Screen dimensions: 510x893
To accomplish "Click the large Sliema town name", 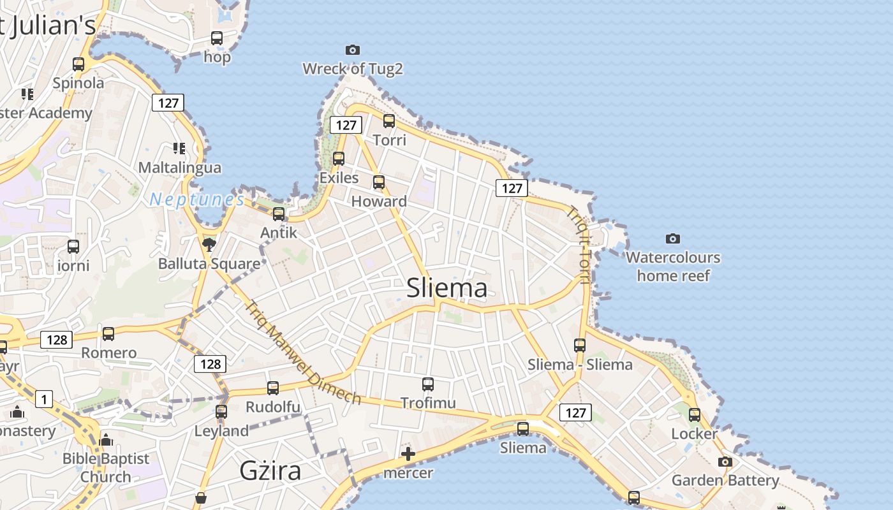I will tap(447, 288).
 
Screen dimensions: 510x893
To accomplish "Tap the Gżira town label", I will tap(270, 470).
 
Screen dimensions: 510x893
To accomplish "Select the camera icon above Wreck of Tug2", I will tap(352, 50).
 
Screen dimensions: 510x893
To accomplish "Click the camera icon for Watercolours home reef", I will tap(672, 238).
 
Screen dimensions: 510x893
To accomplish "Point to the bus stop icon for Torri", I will tap(389, 120).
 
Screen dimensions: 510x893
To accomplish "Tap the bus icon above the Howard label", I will tap(379, 182).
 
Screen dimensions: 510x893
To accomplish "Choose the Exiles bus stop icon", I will tap(339, 159).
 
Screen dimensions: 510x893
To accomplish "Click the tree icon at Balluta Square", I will tap(209, 244).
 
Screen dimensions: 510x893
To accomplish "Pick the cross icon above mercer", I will tap(408, 454).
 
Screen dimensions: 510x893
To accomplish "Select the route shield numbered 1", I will tap(44, 400).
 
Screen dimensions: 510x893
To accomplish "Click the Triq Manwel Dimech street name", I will tap(303, 352).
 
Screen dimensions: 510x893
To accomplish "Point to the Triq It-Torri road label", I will tap(579, 245).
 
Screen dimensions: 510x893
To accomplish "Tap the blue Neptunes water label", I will tap(196, 200).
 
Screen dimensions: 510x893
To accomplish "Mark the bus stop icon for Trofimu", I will tap(428, 384).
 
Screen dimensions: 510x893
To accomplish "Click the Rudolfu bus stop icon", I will tap(273, 388).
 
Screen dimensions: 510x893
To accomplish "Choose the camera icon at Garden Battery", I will tap(725, 462).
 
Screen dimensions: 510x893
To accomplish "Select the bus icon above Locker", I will tap(694, 415).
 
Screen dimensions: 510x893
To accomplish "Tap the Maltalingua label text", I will tap(180, 168).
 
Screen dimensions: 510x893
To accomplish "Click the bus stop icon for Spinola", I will tap(78, 64).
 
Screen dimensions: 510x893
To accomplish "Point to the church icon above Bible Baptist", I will tap(106, 440).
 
